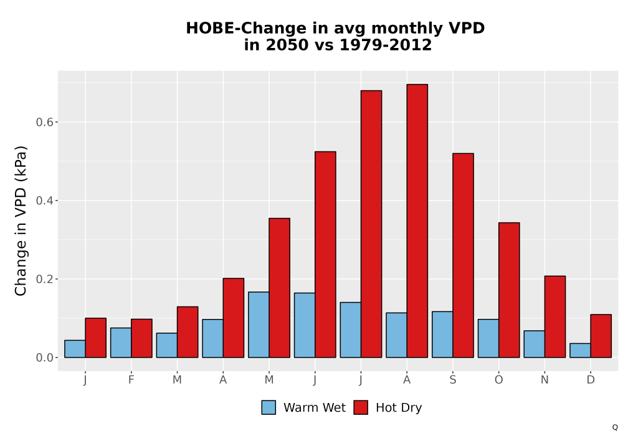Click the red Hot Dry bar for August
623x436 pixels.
pos(417,220)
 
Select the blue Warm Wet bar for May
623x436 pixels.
pos(259,325)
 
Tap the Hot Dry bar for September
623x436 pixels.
pos(464,255)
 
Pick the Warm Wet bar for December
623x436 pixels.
pos(580,351)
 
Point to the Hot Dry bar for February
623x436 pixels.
pos(141,338)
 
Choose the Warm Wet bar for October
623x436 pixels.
pos(488,338)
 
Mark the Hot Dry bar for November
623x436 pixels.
pos(555,317)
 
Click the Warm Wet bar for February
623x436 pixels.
pos(121,343)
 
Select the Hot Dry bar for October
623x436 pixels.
pos(509,290)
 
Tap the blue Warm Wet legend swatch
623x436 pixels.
pos(269,407)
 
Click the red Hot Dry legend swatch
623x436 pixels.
pos(361,407)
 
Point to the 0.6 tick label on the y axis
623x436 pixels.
pos(44,122)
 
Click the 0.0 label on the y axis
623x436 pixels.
pos(44,358)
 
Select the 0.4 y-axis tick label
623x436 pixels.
pos(44,201)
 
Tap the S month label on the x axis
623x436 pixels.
pos(452,380)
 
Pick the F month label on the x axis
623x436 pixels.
pos(131,380)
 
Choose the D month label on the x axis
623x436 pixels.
pos(591,380)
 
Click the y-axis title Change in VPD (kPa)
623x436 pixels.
pos(21,220)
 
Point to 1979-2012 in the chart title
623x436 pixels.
pos(386,45)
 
